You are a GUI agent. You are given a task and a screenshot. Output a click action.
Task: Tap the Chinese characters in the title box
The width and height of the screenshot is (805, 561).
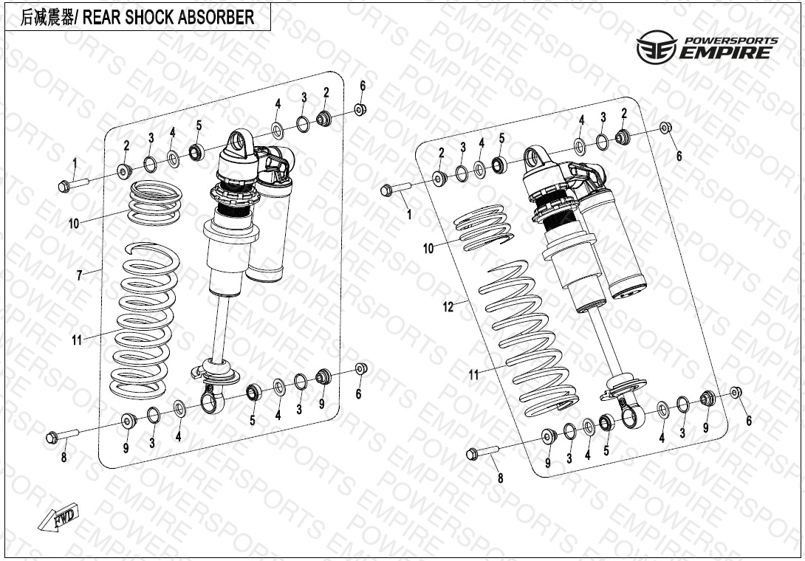pos(48,18)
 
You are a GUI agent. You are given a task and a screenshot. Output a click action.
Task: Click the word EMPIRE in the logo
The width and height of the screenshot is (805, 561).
pos(727,52)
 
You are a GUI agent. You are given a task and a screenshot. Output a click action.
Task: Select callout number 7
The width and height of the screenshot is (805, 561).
pos(79,275)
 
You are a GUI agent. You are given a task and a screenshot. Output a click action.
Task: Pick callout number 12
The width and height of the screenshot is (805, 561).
pos(448,307)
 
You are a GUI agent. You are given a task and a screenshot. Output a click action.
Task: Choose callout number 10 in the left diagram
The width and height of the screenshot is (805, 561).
pos(74,224)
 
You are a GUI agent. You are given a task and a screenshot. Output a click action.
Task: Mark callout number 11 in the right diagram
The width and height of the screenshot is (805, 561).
pos(474,375)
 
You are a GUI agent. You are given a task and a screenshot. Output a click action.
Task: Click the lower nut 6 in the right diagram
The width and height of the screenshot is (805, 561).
pos(736,392)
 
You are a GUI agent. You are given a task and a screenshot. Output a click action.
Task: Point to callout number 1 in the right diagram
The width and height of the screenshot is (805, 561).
pos(409,214)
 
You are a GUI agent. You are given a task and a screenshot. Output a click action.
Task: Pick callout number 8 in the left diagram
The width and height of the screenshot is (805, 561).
pos(64,458)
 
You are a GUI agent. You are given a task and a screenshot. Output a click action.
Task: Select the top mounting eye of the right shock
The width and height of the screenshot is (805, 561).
pos(536,156)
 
